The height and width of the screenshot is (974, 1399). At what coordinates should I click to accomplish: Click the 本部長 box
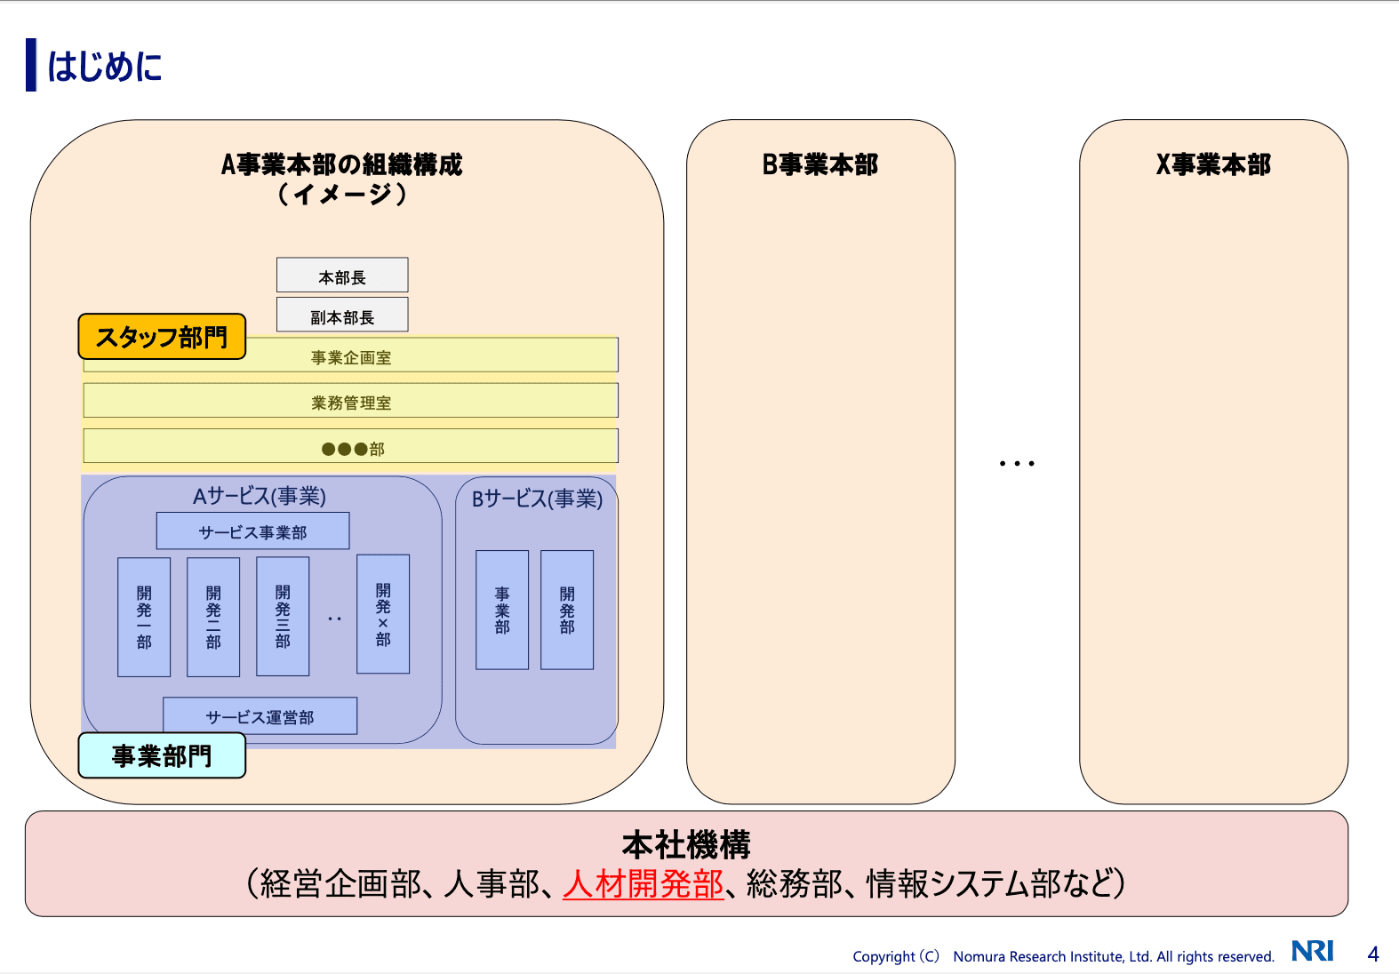(342, 275)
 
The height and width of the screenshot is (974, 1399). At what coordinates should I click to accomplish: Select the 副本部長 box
(342, 315)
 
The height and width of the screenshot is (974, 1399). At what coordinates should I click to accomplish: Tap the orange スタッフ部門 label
(162, 337)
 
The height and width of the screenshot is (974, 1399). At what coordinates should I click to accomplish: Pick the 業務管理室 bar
(351, 402)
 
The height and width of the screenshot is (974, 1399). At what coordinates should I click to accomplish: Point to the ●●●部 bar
(351, 447)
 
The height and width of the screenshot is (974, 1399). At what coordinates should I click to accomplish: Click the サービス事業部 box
(252, 531)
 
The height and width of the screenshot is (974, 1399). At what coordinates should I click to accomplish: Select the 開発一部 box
(144, 617)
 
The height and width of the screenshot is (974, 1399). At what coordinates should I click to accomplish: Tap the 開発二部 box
(213, 617)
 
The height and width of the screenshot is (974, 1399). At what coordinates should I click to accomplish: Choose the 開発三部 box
(283, 617)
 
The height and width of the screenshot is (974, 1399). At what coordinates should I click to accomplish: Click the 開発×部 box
(383, 614)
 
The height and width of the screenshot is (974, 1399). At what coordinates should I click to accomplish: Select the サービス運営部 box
(260, 716)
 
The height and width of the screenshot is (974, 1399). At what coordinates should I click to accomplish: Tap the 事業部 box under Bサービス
(502, 610)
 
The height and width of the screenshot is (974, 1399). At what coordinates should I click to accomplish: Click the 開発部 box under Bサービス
(567, 610)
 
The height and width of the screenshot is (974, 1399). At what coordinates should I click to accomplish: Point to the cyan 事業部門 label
(162, 755)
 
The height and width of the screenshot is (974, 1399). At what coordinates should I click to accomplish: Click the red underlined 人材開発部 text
(644, 883)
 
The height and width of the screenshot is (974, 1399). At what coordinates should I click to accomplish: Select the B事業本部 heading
(819, 164)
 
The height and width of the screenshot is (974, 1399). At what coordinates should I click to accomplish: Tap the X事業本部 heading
(1213, 164)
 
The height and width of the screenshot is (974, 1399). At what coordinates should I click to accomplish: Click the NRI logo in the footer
(1313, 951)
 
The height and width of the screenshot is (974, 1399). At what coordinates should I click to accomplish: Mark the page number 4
(1373, 954)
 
